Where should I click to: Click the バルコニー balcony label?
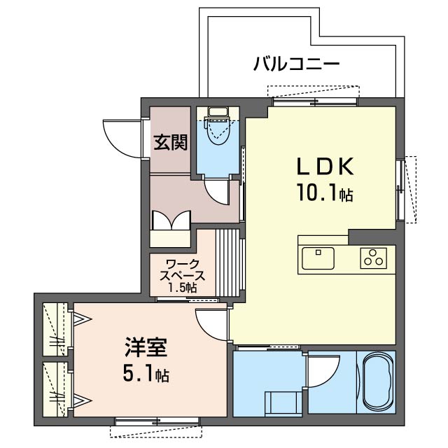[x=296, y=66]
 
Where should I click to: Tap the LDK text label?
[x=327, y=166]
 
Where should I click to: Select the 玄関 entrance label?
[x=170, y=142]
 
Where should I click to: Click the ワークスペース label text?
[x=180, y=269]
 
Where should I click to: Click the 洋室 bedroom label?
[x=146, y=348]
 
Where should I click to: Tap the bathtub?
[x=379, y=384]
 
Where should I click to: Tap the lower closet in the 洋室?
[x=56, y=391]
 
